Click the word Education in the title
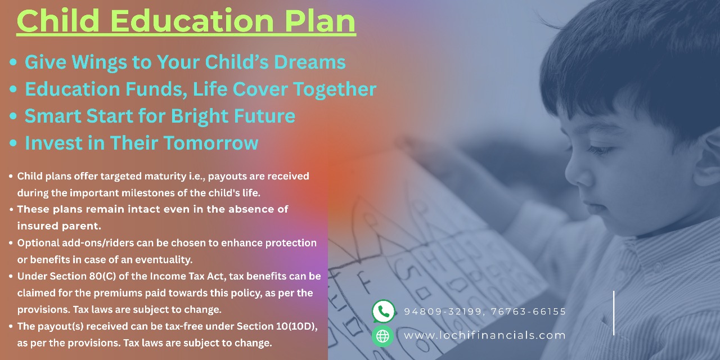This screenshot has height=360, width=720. coord(192,21)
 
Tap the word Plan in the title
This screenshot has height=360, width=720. coord(320,21)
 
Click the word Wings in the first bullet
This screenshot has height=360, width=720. coord(100,62)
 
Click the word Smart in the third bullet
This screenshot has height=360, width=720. coord(53,116)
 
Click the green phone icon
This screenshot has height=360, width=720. coord(384,311)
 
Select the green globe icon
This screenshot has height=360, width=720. coord(382,336)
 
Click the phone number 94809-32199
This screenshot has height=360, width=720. coord(443,312)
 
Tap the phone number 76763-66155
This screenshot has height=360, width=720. coord(528,312)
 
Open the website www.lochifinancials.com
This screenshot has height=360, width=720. coord(485,336)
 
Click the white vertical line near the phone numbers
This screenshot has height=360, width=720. coord(614,313)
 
